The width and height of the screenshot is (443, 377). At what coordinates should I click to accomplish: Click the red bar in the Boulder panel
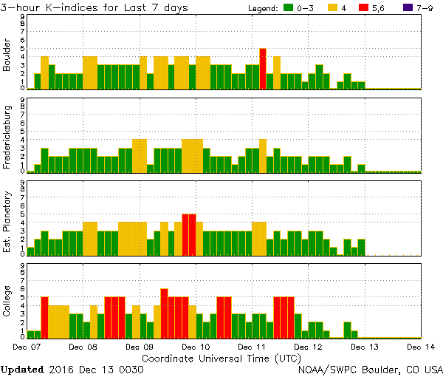263,69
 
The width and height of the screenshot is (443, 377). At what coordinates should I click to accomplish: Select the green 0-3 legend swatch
289,7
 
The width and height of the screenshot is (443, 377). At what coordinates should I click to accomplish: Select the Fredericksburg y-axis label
7,138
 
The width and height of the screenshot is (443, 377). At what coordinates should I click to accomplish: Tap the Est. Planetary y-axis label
7,221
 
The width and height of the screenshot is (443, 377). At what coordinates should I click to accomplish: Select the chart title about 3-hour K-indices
95,7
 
